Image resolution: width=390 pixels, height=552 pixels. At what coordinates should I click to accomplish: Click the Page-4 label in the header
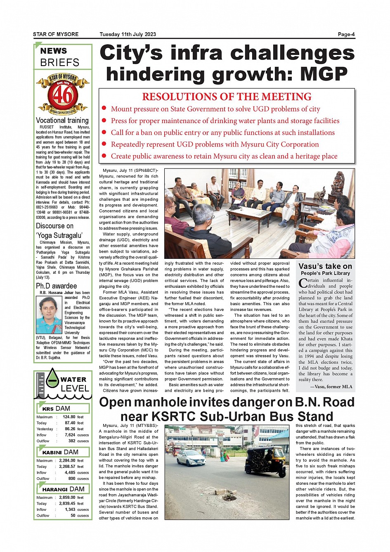(346, 34)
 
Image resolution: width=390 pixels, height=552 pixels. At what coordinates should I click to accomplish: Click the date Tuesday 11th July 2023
(128, 34)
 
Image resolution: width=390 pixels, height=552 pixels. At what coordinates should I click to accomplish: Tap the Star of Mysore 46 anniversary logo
(63, 94)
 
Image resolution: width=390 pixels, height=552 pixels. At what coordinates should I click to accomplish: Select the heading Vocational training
(62, 121)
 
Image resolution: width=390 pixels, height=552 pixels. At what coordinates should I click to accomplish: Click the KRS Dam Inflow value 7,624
(70, 435)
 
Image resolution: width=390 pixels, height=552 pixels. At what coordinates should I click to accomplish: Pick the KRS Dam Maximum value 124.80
(69, 417)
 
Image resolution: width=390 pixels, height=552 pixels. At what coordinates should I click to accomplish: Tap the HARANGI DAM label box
(63, 489)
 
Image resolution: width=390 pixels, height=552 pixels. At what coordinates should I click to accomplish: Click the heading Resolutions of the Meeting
(227, 97)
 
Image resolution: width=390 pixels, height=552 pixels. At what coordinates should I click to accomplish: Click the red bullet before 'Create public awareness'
(104, 156)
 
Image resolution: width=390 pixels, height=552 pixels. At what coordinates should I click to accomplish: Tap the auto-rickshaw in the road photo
(265, 461)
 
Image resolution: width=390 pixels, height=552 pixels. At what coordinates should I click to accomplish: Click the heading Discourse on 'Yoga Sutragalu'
(59, 230)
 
